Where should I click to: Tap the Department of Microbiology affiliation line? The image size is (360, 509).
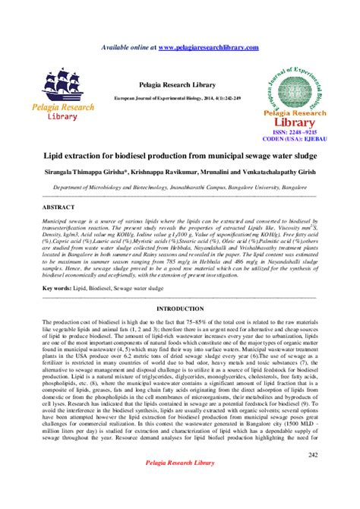tap(179, 186)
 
